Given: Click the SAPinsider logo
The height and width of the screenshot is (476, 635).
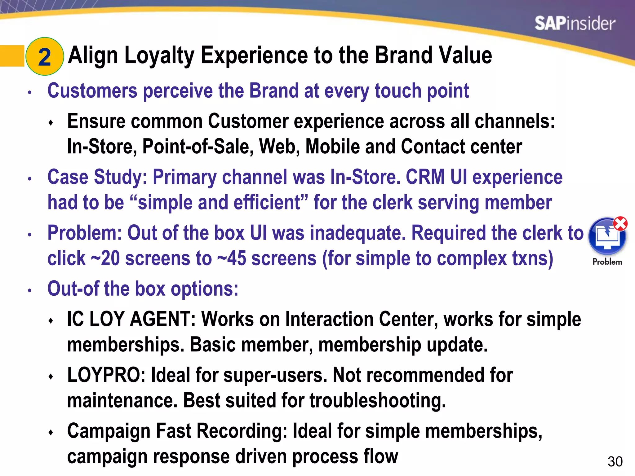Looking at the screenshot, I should (x=575, y=24).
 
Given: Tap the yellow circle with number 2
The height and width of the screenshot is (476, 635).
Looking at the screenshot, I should (x=45, y=56).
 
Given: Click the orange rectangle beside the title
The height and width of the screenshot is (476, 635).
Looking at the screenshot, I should (x=12, y=56).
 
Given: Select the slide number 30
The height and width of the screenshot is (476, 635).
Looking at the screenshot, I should (x=615, y=462).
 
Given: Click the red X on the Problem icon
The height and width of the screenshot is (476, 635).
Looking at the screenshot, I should (x=620, y=223).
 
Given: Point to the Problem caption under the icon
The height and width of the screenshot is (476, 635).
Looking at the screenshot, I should (x=607, y=262).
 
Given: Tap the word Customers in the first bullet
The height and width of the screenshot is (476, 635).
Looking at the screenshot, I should (x=92, y=91).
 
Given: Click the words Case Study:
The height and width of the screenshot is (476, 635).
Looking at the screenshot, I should (x=97, y=177).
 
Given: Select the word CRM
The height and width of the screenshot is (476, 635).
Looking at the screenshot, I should (x=425, y=177).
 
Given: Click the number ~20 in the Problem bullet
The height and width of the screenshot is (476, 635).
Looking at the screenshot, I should (x=105, y=258).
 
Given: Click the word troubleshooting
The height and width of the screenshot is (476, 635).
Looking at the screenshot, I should (x=378, y=400).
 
